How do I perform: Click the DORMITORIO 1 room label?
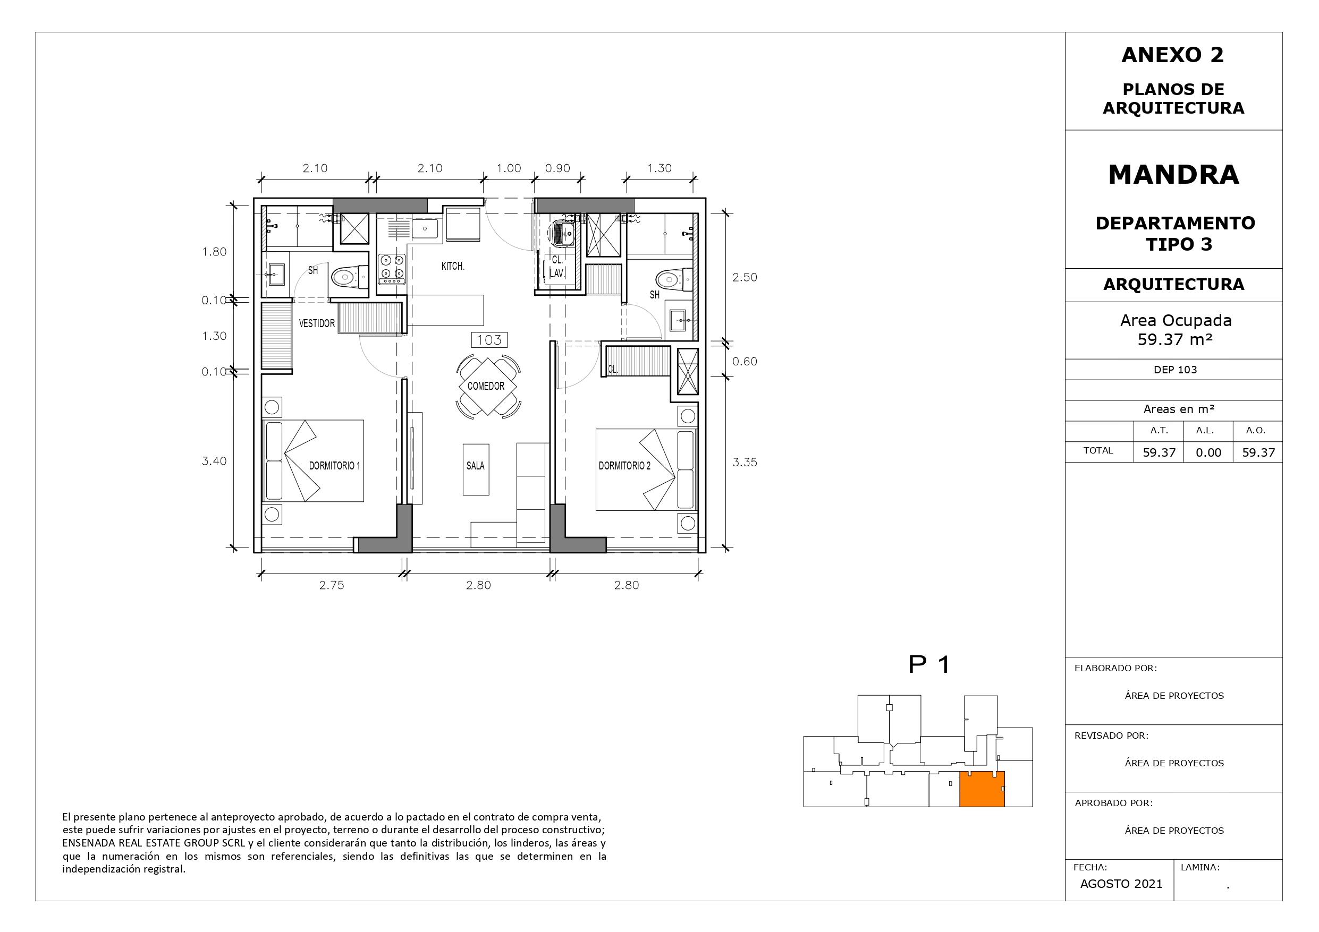pos(334,466)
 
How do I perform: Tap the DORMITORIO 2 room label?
pos(624,466)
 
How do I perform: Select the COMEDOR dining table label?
pos(486,386)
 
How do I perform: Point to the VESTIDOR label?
pos(317,323)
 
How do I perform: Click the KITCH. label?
pos(453,266)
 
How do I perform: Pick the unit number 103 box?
pos(489,340)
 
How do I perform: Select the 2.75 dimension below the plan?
pos(332,585)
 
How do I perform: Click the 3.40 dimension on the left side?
pos(214,460)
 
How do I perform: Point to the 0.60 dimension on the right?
pos(745,361)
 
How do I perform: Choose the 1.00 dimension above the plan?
pos(509,168)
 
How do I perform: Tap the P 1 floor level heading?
pos(929,664)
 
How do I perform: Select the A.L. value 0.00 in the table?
pos(1208,452)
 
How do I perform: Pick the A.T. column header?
pos(1159,430)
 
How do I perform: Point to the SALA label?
pos(475,466)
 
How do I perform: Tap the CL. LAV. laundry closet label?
pos(556,267)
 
